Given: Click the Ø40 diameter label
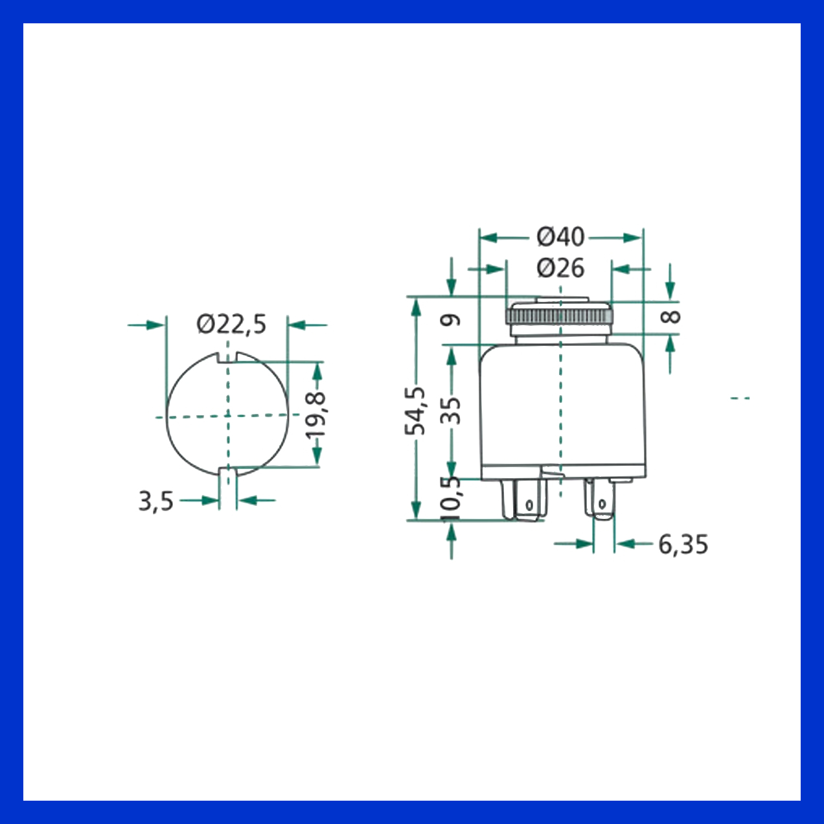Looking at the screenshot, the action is (x=560, y=237).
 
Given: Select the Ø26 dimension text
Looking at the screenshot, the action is (x=560, y=269).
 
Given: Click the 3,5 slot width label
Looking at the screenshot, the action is (x=155, y=501).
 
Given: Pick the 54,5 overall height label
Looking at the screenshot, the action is (x=415, y=411).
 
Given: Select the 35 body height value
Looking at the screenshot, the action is (x=451, y=411).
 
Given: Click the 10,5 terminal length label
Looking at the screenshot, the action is (x=451, y=499).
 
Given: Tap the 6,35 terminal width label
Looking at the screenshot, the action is (x=683, y=544).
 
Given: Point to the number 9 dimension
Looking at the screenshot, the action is (x=451, y=319).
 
